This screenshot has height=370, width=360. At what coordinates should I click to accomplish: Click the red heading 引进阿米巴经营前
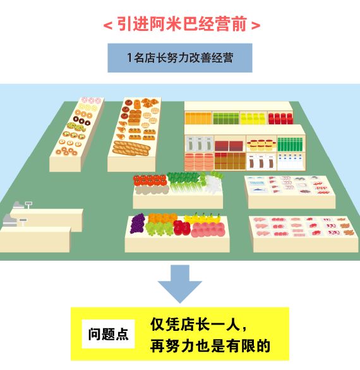point(182,24)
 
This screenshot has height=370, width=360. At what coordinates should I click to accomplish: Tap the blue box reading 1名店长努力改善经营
point(180,58)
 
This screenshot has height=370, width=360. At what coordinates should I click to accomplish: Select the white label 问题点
point(109,334)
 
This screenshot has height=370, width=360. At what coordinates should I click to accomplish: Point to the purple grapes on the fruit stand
point(138,224)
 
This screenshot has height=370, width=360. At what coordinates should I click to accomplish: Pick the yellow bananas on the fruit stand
point(202,218)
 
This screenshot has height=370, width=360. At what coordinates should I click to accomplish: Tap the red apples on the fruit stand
point(182,227)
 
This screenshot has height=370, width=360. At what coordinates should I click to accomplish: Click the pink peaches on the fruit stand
point(208,230)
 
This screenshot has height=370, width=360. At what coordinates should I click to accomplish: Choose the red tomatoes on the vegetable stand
point(150,180)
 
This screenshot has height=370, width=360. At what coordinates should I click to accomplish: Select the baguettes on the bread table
point(131,148)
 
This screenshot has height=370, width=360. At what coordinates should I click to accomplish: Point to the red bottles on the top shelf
point(280,118)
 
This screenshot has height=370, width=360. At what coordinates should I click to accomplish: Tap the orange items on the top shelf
point(198,118)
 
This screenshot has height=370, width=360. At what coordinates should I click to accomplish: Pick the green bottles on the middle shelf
point(290,144)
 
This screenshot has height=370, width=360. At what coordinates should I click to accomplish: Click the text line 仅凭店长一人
point(198,325)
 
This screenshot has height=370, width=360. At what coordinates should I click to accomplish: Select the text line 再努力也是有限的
point(210,346)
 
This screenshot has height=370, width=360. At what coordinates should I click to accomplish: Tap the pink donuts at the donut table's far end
point(91,100)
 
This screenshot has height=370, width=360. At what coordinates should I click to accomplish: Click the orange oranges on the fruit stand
point(163,218)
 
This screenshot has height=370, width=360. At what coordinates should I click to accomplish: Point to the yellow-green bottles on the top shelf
point(253,118)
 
